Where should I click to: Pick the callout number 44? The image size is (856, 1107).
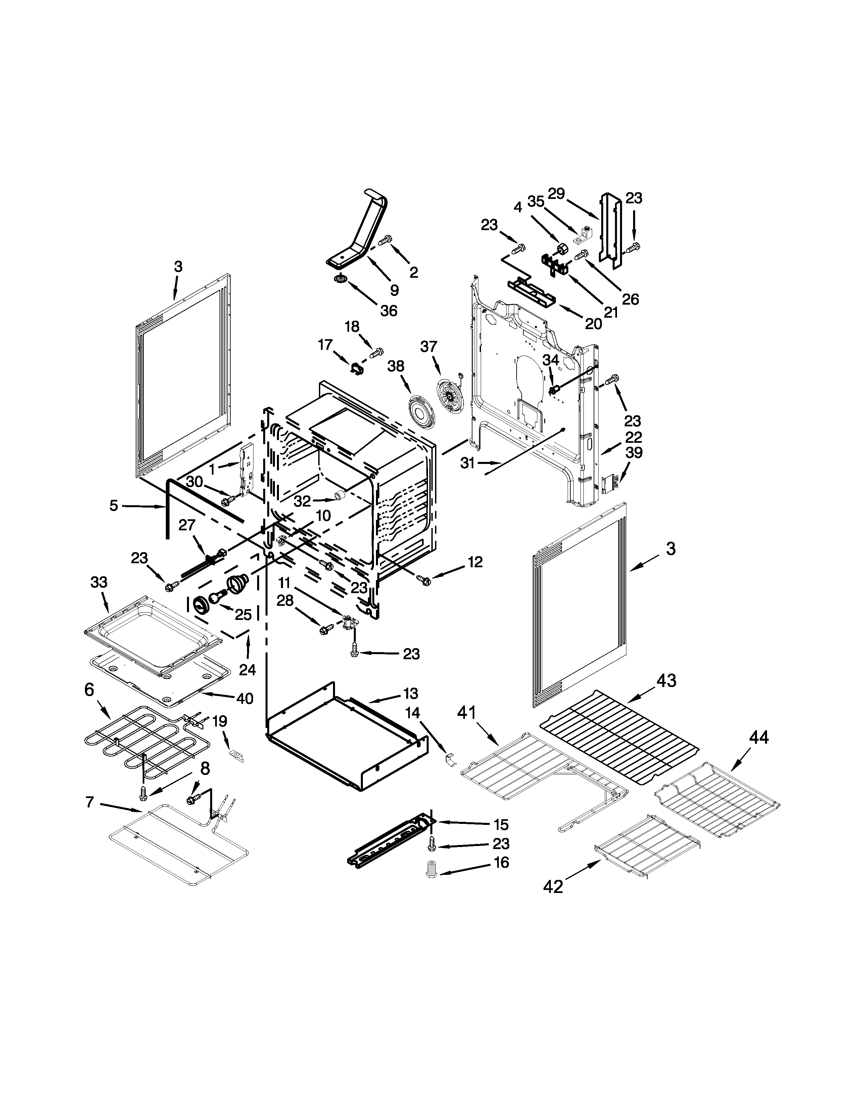759,737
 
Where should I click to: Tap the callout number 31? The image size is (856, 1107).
468,463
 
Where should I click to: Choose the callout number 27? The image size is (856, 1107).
187,525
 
